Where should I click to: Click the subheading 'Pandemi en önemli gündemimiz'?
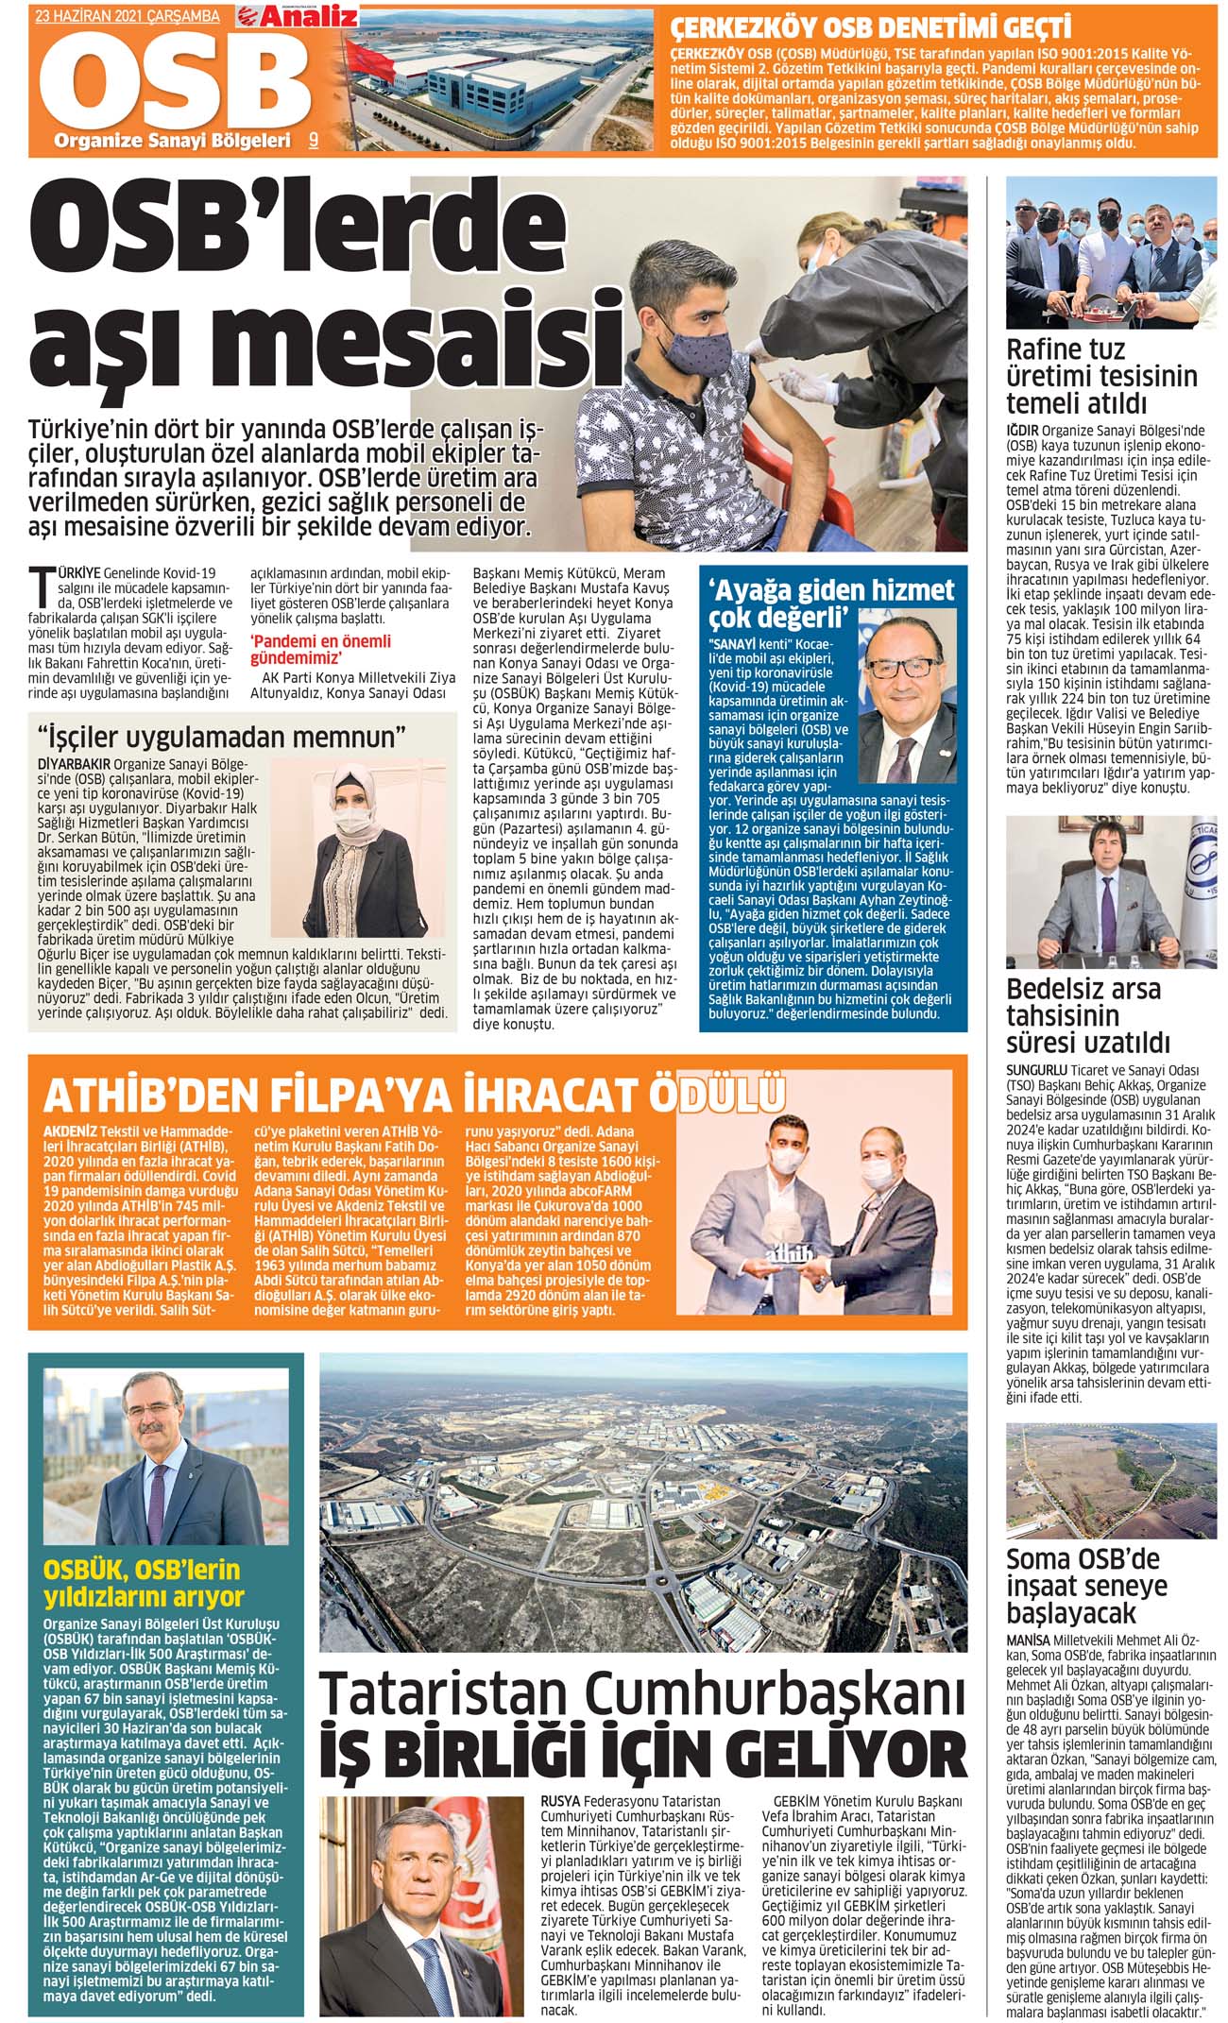point(320,650)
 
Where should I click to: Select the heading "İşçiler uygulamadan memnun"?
point(221,736)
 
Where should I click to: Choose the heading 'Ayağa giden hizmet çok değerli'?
point(832,603)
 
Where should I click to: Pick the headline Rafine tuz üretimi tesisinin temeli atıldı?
point(1101,376)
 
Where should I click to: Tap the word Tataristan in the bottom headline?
point(444,1697)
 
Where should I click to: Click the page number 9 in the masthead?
point(313,140)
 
